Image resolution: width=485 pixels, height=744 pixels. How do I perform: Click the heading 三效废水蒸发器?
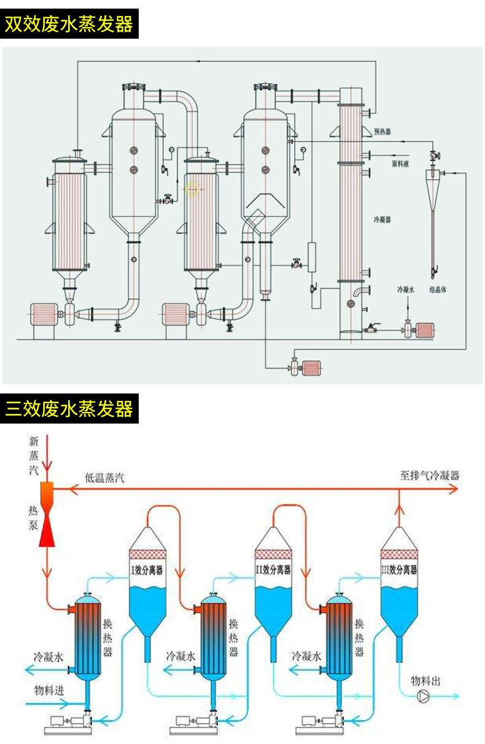pos(69,408)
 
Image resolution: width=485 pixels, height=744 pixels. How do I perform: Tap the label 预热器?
pos(382,131)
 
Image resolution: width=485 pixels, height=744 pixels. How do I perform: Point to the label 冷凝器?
pos(382,219)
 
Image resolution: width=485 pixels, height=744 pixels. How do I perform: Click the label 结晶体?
pos(437,289)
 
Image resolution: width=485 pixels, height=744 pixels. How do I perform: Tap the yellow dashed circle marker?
pos(193,190)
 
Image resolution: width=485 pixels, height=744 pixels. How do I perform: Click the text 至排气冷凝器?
pos(430,476)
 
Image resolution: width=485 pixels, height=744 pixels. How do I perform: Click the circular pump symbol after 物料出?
pos(424,696)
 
